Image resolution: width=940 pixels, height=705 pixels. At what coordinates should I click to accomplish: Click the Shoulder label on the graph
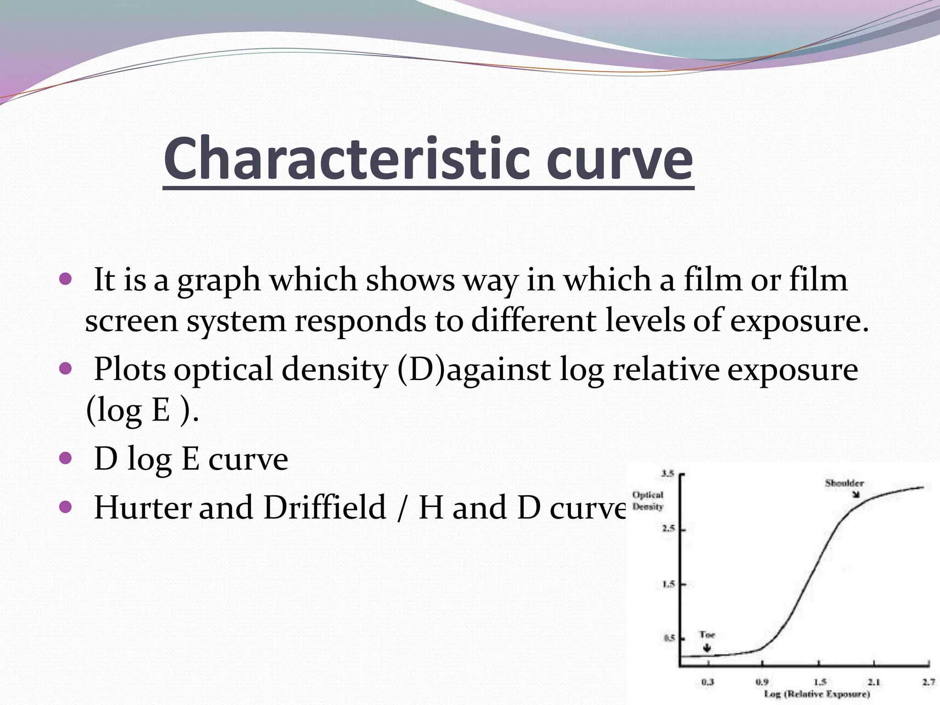[x=844, y=483]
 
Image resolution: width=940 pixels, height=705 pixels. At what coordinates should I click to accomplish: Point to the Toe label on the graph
[x=707, y=635]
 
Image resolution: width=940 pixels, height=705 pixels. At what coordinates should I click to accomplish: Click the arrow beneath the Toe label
[x=707, y=648]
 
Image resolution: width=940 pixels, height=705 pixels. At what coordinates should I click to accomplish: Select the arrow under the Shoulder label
[x=856, y=494]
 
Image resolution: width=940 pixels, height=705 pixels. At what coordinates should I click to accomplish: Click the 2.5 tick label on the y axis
[x=668, y=529]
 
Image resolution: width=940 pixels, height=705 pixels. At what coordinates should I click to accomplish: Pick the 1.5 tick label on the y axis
[x=668, y=584]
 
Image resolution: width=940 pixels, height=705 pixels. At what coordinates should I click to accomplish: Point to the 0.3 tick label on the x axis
[x=708, y=683]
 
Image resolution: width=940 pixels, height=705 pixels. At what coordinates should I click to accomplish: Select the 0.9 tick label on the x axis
[x=762, y=683]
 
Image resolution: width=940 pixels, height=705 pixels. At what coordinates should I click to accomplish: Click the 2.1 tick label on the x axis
[x=873, y=683]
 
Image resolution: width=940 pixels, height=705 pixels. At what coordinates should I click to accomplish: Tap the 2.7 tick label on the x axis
[x=929, y=683]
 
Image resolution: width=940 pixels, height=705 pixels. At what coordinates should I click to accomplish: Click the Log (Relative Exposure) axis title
[x=817, y=694]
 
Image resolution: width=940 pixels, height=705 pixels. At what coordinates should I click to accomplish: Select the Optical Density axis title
[x=648, y=501]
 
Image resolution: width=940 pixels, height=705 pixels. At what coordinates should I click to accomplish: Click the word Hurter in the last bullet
[x=142, y=507]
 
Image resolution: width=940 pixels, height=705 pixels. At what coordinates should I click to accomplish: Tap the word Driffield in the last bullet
[x=325, y=507]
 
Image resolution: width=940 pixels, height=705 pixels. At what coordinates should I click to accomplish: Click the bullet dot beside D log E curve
[x=66, y=458]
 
